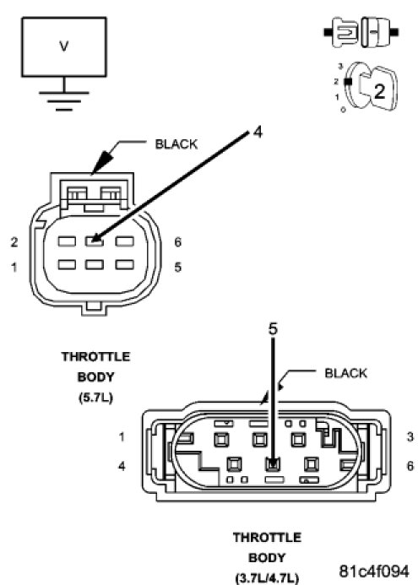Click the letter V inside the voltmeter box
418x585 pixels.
pos(64,46)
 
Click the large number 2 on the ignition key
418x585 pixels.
pos(379,91)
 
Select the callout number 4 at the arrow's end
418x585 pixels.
pos(258,132)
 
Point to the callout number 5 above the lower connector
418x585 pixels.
pos(274,328)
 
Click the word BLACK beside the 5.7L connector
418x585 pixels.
pos(176,144)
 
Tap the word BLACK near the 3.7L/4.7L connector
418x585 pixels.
pos(346,373)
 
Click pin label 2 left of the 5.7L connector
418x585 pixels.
pos(14,242)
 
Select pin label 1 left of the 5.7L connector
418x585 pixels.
pos(14,267)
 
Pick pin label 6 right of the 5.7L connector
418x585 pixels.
pos(177,242)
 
